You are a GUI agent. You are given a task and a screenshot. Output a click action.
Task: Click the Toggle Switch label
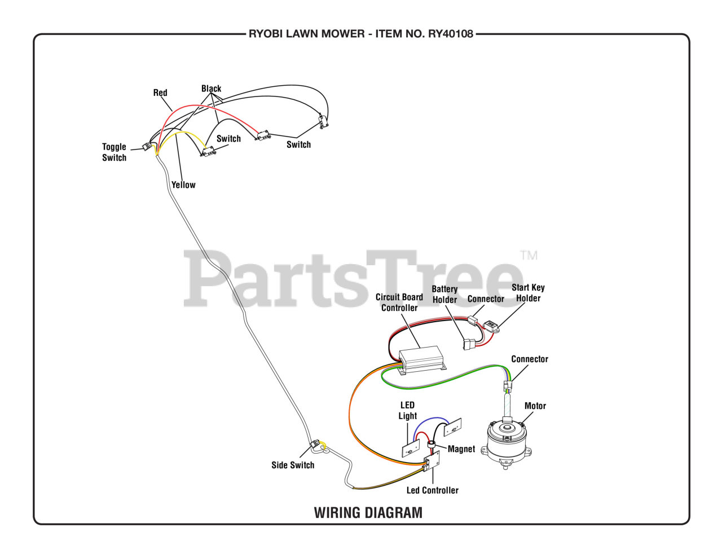114,152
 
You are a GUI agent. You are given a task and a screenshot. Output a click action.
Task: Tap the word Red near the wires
160,93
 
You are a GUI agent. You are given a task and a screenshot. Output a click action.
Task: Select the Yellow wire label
183,185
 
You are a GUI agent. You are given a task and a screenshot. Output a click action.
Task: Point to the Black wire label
211,89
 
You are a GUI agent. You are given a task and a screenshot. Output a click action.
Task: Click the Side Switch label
293,465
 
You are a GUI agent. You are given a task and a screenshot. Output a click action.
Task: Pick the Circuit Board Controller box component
421,359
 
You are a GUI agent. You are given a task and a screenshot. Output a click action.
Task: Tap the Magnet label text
461,449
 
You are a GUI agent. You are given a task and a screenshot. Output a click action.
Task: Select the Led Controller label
433,490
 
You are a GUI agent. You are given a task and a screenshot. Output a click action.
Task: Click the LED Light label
407,411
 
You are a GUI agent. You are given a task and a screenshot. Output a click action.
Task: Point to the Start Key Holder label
528,293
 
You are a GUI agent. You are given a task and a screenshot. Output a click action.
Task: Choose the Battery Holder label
444,295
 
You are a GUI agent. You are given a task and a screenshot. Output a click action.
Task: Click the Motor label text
535,406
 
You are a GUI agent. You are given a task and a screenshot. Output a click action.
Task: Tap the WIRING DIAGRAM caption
368,513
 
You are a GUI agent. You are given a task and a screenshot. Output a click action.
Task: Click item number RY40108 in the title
451,34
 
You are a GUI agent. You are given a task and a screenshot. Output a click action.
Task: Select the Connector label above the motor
530,359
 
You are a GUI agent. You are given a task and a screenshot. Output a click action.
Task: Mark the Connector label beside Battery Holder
486,299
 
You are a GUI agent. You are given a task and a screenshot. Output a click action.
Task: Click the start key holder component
491,326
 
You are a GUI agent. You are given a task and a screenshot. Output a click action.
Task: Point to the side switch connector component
315,445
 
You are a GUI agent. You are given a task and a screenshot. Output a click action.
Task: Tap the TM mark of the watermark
529,255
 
